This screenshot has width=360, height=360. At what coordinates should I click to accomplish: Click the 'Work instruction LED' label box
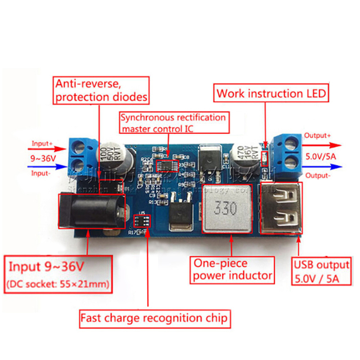(271, 94)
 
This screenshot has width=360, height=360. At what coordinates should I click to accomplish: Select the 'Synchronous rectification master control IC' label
(173, 123)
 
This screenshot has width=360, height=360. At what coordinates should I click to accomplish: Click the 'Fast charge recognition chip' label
(154, 319)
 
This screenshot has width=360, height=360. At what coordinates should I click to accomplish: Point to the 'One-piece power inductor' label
(233, 269)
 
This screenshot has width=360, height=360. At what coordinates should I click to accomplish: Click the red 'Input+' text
(42, 144)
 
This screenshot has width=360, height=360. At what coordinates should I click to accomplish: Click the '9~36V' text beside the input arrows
(44, 158)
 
